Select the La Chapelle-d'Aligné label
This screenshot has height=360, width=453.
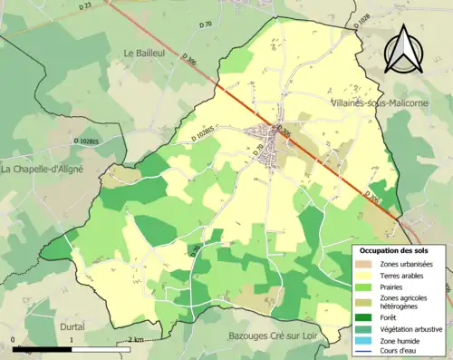tap(43, 169)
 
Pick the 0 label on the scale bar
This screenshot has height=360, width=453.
tap(14, 340)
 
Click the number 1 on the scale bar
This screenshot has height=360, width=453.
tap(72, 340)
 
